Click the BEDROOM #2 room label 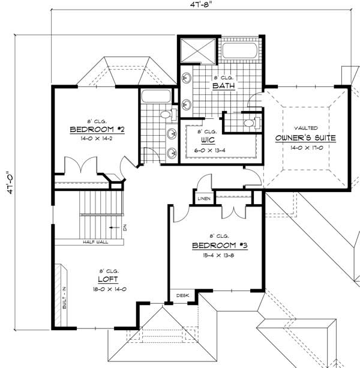tap(97, 129)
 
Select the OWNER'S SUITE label tap(305, 138)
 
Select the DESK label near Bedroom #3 tap(182, 295)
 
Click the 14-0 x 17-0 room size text tap(305, 148)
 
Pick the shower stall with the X tap(197, 50)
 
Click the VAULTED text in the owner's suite tap(305, 128)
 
